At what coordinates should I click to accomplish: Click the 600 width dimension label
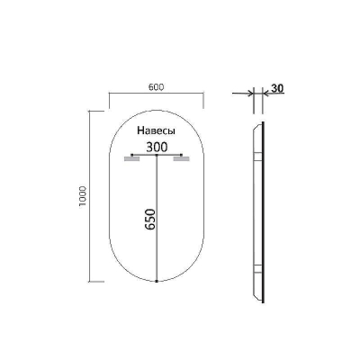point(157,87)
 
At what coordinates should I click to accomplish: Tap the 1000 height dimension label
point(83,196)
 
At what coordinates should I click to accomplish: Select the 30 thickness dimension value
point(277,88)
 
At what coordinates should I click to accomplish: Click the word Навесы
point(157,131)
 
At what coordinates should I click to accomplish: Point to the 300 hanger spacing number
point(157,148)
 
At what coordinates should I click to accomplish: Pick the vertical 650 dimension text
point(150,220)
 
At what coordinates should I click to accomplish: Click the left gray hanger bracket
point(132,159)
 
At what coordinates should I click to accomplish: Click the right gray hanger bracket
point(182,159)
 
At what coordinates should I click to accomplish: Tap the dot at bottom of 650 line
point(157,281)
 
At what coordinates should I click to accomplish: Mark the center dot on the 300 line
point(157,155)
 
